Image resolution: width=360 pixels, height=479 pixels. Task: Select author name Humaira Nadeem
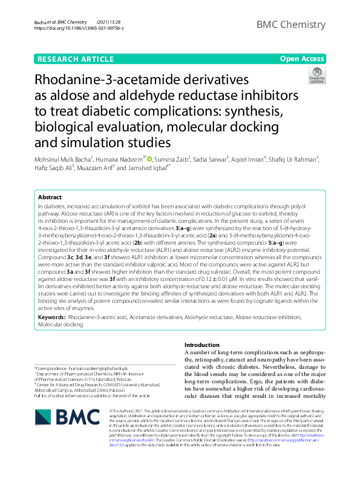coord(119,159)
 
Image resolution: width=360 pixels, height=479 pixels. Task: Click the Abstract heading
coord(50,197)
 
